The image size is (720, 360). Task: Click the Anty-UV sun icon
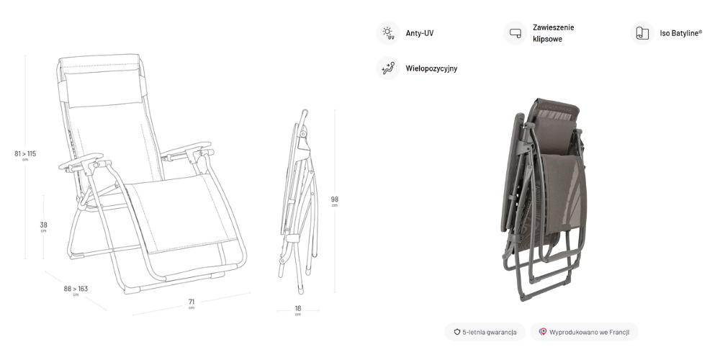tap(388, 33)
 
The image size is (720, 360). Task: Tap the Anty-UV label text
tap(420, 34)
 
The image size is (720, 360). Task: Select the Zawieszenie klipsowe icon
tap(515, 33)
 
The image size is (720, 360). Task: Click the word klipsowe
tap(548, 40)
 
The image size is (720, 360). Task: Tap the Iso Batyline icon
tap(642, 33)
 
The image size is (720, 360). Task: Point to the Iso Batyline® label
tap(680, 34)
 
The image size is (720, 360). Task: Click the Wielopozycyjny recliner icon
tap(388, 68)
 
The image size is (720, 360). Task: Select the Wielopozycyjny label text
tap(431, 69)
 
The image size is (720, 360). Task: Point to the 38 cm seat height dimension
tap(44, 225)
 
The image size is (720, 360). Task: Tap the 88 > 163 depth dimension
tap(76, 289)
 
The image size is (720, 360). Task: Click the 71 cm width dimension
tap(192, 302)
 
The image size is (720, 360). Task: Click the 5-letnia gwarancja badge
tap(485, 332)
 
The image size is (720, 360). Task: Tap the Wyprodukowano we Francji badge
tap(584, 332)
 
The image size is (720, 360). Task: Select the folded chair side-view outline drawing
tap(298, 194)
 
